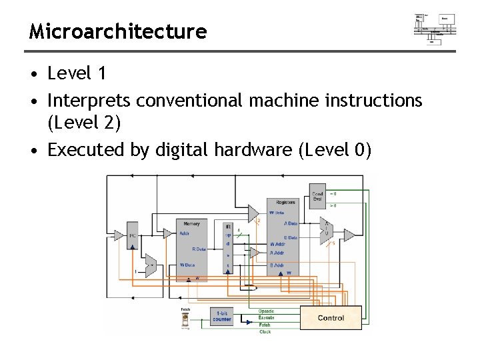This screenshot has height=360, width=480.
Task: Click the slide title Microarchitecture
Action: tap(118, 31)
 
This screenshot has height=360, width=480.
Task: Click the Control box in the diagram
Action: tap(331, 318)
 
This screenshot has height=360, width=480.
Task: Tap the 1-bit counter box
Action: tap(221, 317)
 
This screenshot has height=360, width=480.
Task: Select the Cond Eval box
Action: tap(318, 196)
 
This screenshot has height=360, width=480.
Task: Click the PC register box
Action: tap(133, 235)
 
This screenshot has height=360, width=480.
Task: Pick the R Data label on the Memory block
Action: tap(198, 249)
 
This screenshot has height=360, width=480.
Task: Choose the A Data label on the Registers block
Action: tap(291, 224)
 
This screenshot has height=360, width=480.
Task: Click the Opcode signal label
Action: tap(266, 311)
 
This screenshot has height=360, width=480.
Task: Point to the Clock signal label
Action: tap(265, 331)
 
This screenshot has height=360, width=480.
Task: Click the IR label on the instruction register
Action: tap(228, 227)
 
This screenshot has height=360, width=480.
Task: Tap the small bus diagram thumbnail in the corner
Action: tap(435, 27)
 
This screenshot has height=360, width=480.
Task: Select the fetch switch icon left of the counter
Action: tap(185, 320)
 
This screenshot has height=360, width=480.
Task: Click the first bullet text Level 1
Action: tap(77, 71)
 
